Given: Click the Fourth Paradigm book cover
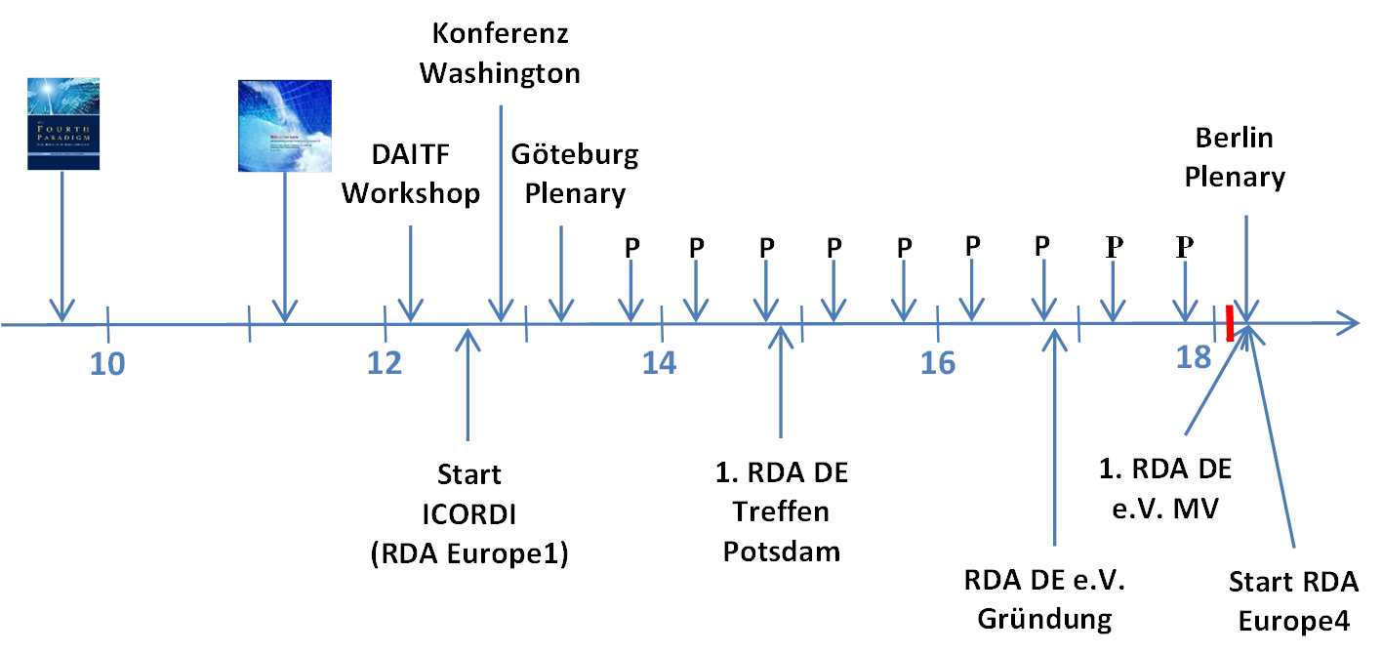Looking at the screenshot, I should [63, 125].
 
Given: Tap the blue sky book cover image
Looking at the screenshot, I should [285, 125].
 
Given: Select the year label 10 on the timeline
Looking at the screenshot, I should [107, 363].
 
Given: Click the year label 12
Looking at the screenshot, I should [385, 363].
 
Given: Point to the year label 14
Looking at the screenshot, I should [660, 363].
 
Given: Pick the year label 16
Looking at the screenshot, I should [937, 363].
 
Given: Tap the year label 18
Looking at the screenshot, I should [1193, 358].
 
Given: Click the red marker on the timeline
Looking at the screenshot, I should [1230, 323].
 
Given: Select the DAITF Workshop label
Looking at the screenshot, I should [411, 174].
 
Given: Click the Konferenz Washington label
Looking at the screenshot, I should [501, 54].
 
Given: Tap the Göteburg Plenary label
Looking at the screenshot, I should [575, 174].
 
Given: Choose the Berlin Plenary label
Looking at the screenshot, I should [1235, 157].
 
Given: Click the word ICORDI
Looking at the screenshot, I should [469, 514].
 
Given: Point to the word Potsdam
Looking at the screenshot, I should [781, 551].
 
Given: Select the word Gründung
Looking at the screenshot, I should [1044, 618].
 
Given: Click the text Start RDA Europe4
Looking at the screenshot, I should [1293, 601].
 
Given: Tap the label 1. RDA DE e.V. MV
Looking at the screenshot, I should [1165, 488].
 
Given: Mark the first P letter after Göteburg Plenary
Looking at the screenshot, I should [631, 247].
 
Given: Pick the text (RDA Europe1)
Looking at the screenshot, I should [469, 553].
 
